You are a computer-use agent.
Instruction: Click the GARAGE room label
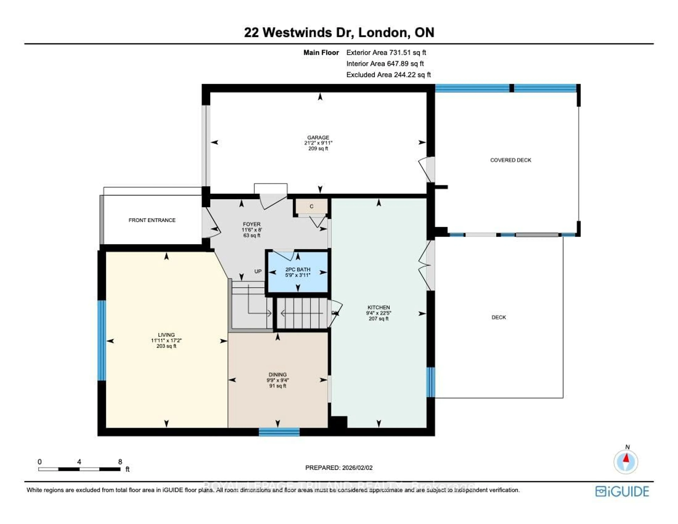point(318,137)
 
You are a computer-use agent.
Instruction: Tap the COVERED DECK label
point(510,160)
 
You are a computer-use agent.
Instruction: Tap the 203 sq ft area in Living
point(166,346)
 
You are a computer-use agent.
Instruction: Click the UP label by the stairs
point(258,271)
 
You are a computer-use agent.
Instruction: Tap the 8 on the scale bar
point(120,462)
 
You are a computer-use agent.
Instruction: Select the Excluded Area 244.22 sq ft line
point(388,75)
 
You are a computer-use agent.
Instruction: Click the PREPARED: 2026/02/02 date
point(339,467)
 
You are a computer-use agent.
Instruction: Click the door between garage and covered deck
point(427,170)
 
